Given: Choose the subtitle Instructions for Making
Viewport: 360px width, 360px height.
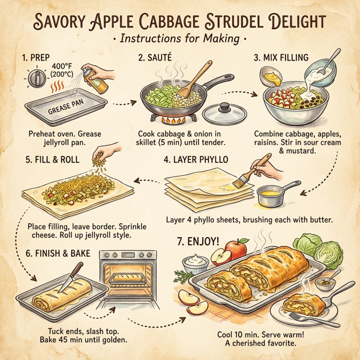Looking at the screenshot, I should click(179, 39).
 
